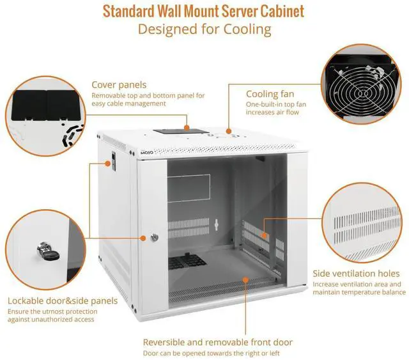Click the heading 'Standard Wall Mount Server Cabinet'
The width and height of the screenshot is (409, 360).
pyautogui.click(x=203, y=12)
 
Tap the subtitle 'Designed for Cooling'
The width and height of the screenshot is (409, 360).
pyautogui.click(x=204, y=29)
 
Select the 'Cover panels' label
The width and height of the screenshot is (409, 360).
pyautogui.click(x=119, y=84)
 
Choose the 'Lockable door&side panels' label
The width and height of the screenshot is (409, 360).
pyautogui.click(x=63, y=301)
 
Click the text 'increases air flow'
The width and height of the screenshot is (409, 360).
pyautogui.click(x=273, y=113)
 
